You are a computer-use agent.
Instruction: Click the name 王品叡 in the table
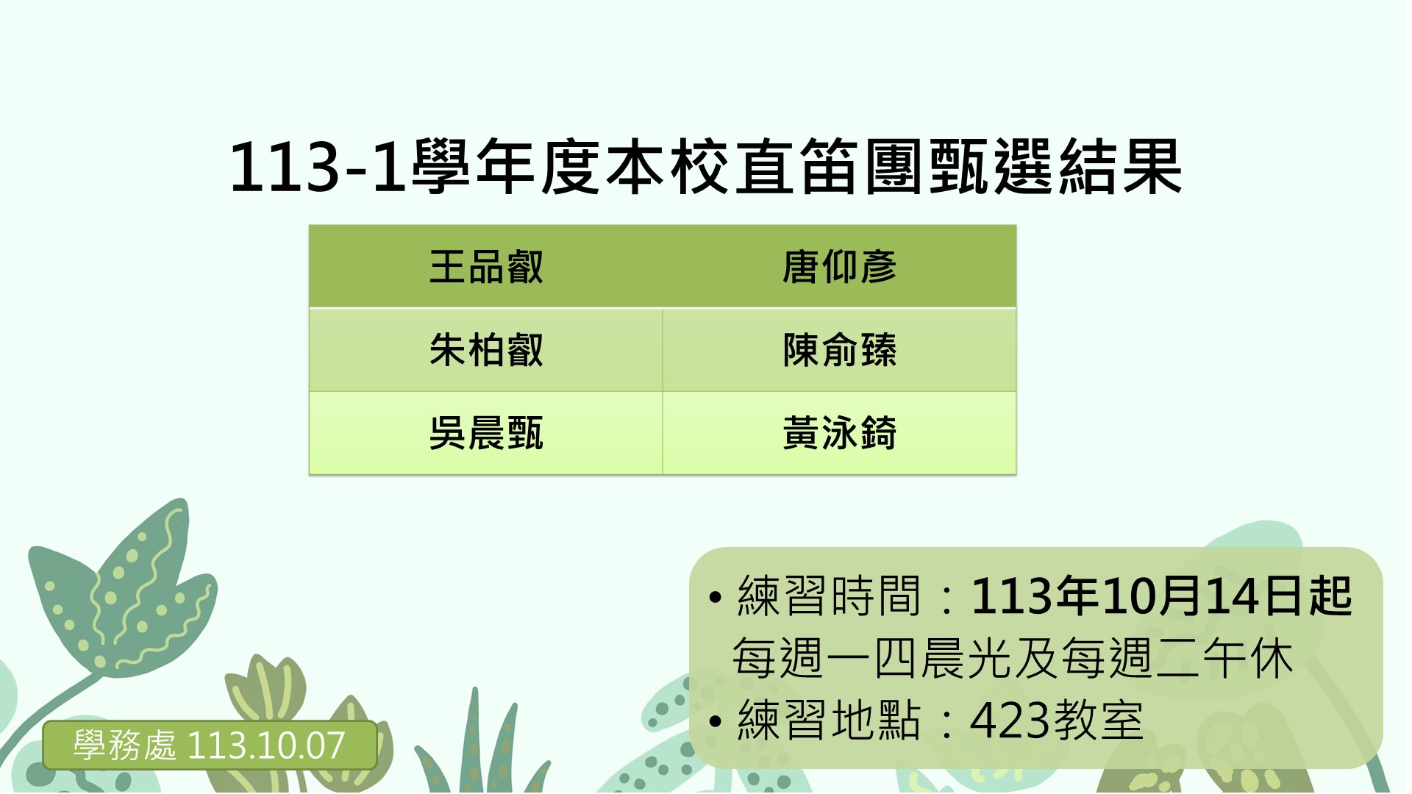tap(486, 267)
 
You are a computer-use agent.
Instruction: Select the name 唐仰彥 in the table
tap(839, 267)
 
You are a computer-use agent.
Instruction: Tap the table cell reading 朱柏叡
tap(486, 350)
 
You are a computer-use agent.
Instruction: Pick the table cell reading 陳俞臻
tap(839, 350)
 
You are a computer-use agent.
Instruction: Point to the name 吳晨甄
tap(486, 433)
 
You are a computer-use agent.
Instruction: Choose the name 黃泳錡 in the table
tap(839, 433)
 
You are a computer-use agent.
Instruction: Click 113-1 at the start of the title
tap(318, 168)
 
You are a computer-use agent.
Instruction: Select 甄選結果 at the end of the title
tap(1055, 168)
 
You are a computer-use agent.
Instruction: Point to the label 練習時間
tap(829, 595)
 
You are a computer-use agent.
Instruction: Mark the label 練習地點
tap(829, 720)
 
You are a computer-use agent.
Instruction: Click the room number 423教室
tap(1057, 720)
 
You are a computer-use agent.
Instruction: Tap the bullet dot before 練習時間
tap(715, 597)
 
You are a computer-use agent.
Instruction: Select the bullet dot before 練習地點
tap(715, 721)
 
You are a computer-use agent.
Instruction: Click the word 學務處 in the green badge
tap(124, 745)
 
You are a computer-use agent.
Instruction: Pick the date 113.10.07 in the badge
tap(266, 745)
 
